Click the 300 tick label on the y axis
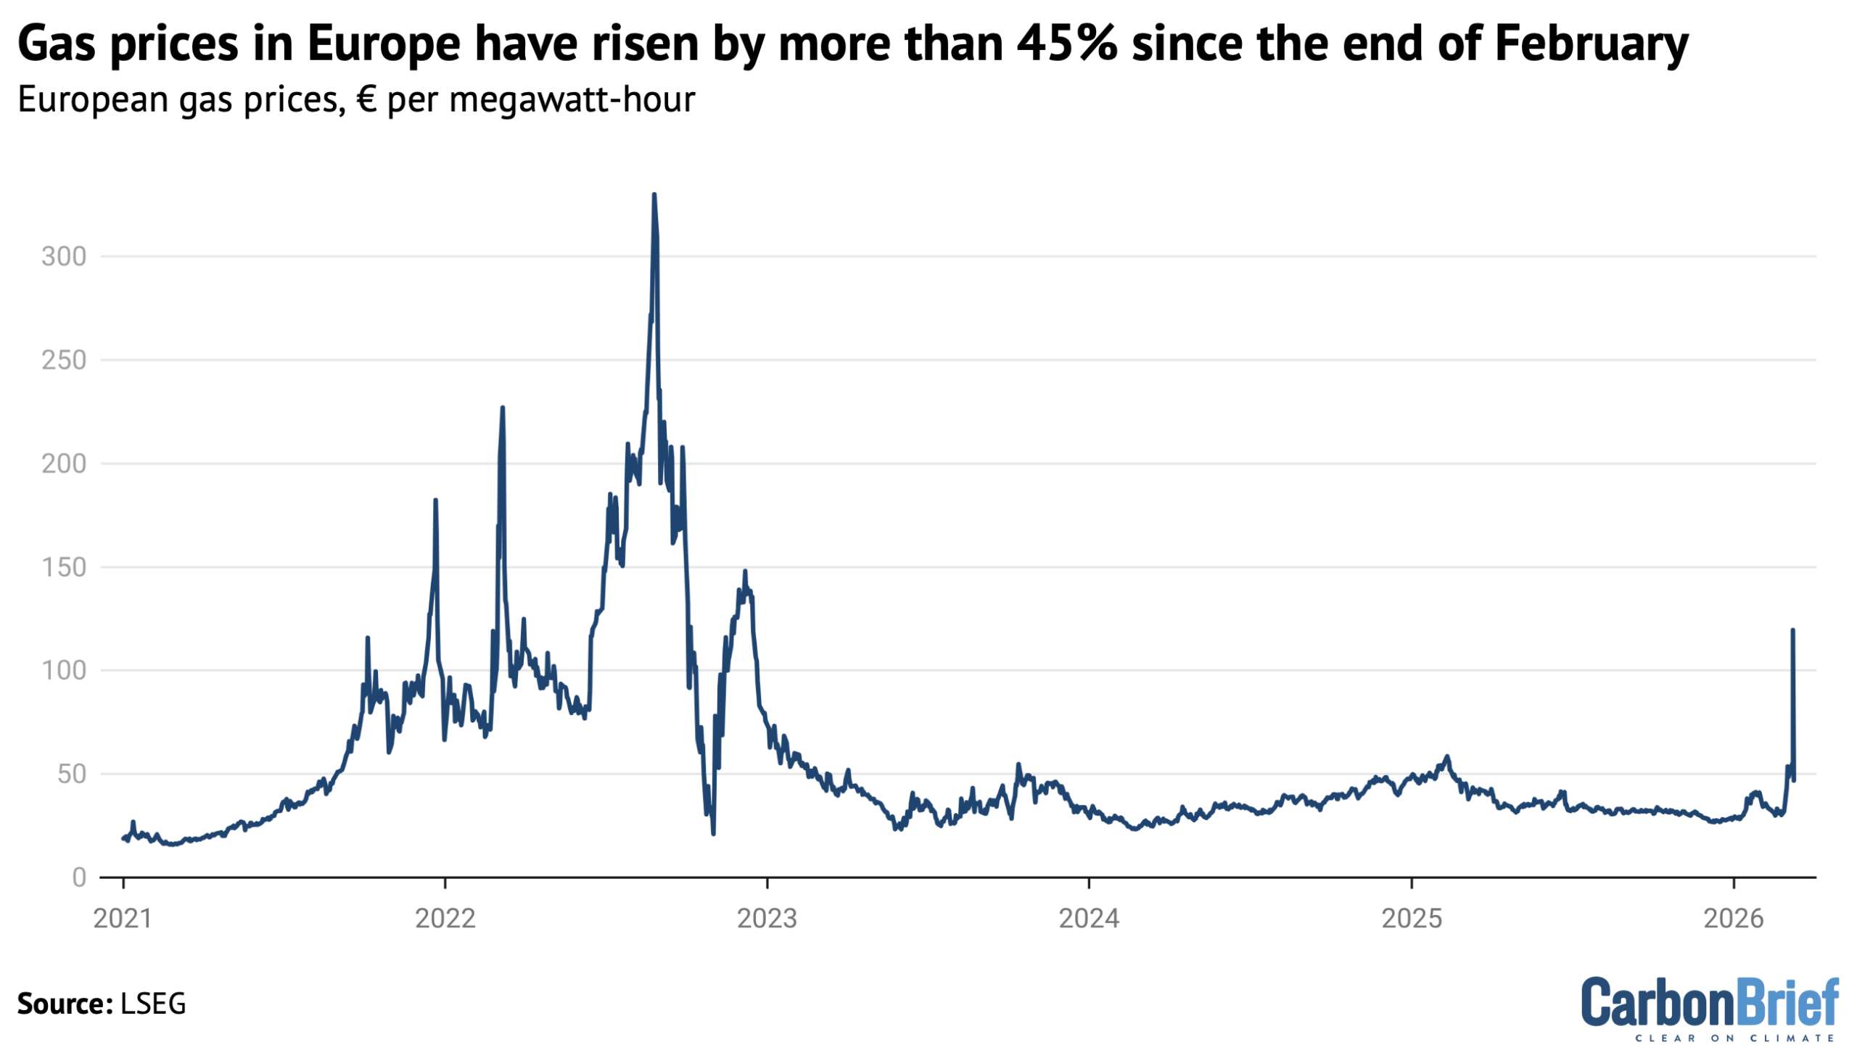pyautogui.click(x=64, y=257)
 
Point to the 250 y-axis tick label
pyautogui.click(x=64, y=360)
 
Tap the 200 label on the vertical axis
pyautogui.click(x=64, y=463)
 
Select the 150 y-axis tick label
pyautogui.click(x=64, y=568)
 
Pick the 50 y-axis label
pyautogui.click(x=73, y=774)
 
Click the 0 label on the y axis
pyautogui.click(x=79, y=877)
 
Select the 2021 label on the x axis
pyautogui.click(x=123, y=919)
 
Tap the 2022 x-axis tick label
pyautogui.click(x=445, y=919)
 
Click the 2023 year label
pyautogui.click(x=767, y=919)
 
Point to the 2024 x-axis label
pyautogui.click(x=1089, y=919)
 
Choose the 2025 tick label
pyautogui.click(x=1412, y=919)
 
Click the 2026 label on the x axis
pyautogui.click(x=1734, y=919)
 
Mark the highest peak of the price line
pyautogui.click(x=654, y=195)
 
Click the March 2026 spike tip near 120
pyautogui.click(x=1792, y=630)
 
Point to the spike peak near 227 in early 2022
pyautogui.click(x=502, y=408)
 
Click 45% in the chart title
pyautogui.click(x=1066, y=44)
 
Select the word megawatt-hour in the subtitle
pyautogui.click(x=572, y=99)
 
